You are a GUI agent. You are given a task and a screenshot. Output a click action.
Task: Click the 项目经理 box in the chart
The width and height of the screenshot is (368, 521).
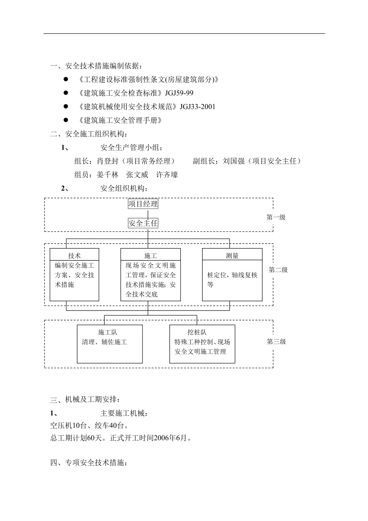coord(143,204)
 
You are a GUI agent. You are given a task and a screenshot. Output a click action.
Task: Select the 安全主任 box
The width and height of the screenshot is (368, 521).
coord(143,223)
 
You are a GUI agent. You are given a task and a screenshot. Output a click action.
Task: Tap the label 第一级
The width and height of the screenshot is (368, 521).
coord(276,217)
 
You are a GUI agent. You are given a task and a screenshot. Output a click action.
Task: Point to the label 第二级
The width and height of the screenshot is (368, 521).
coord(278,270)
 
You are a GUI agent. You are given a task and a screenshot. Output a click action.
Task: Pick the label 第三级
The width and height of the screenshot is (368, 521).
coord(276,342)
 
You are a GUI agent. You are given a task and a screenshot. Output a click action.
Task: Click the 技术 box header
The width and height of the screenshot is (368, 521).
coord(74,256)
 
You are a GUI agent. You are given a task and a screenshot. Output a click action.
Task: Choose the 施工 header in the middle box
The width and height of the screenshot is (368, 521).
coord(150,256)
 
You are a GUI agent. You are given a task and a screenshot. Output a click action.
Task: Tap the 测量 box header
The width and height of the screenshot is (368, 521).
coord(232,256)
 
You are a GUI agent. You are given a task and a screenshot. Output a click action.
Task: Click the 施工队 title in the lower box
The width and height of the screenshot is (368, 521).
coord(108,333)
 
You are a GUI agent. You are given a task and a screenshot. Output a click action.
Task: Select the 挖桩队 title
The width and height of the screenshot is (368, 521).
coord(197,333)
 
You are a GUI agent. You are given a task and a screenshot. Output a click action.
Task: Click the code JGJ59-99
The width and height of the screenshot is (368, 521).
coord(179,93)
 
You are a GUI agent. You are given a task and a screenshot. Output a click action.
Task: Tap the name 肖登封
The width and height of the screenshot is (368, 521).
coord(108,161)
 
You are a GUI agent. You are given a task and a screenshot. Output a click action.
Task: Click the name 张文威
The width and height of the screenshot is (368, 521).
coord(137,175)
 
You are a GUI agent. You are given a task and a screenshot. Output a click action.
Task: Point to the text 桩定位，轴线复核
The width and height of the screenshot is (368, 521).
coord(232,275)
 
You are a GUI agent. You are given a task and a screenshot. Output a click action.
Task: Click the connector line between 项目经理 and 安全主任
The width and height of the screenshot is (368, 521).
coord(148,214)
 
